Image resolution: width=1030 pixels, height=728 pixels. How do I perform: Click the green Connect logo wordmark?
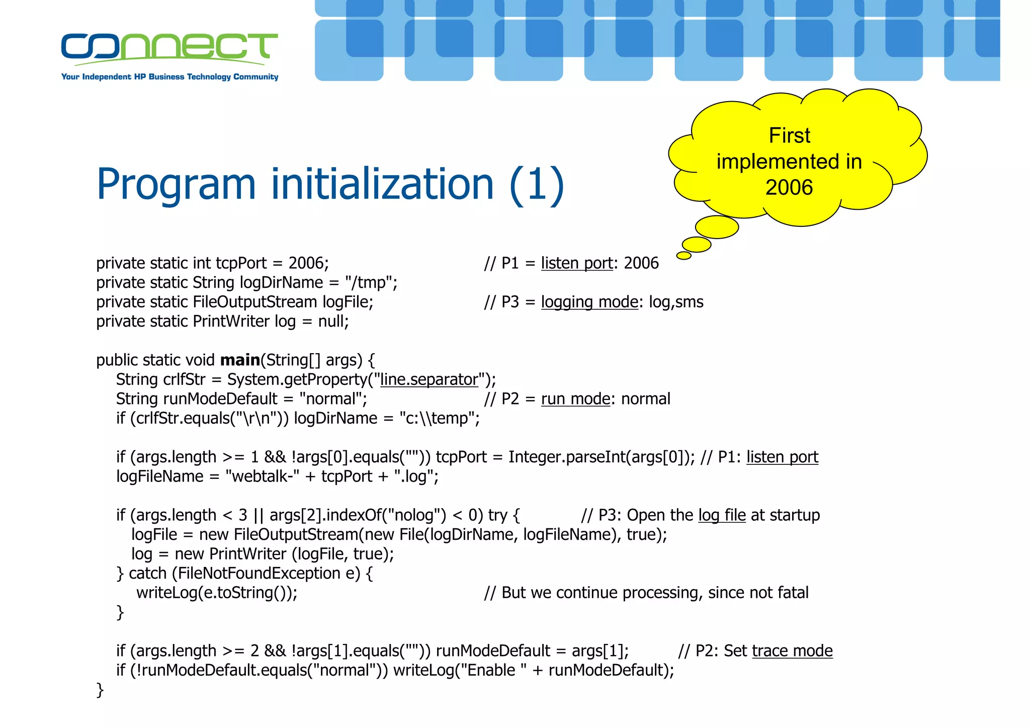(169, 47)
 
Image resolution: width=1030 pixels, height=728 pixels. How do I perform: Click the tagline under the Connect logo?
(169, 77)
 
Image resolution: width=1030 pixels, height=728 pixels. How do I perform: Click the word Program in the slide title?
(176, 185)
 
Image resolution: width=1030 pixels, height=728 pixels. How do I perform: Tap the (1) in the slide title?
(537, 185)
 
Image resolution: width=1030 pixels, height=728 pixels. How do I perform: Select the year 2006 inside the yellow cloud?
(789, 188)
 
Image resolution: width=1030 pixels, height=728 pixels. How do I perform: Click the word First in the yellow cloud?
(789, 136)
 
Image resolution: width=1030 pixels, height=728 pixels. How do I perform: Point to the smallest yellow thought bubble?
(683, 256)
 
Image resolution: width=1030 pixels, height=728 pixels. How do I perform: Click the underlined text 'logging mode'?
(589, 302)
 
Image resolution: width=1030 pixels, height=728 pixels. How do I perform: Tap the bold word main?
(240, 360)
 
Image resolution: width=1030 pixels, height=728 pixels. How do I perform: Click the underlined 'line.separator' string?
(428, 379)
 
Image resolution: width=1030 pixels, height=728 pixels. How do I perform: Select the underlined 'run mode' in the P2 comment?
(575, 399)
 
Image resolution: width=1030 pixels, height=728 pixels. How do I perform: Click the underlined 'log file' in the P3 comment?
(722, 515)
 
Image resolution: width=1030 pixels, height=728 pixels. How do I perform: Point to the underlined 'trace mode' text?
(792, 651)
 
